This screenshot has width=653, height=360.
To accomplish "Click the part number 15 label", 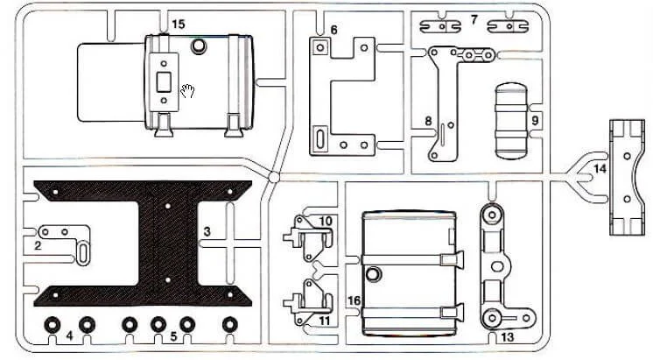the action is pos(178,25).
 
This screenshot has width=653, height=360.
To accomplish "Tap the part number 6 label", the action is pos(334,30).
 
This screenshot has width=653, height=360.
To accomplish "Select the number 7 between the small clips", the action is pos(474,19).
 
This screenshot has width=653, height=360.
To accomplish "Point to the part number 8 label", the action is pos(428,121).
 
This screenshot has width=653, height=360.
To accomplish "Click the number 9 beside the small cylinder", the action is pos(535,120).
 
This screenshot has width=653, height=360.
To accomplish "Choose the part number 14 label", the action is pos(600,169).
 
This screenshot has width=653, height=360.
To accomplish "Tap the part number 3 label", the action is pos(207,231).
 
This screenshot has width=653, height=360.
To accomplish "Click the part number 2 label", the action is pos(38,245).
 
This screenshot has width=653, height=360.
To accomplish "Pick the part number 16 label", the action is pos(354,300).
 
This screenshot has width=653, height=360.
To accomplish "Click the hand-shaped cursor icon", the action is pos(188,91).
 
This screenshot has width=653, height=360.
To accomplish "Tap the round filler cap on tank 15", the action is pos(199,46).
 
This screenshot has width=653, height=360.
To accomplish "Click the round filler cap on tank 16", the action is pos(373,275).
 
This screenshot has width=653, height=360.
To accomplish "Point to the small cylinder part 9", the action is pos(511,121).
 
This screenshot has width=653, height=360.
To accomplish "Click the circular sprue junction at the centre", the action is pos(274,177).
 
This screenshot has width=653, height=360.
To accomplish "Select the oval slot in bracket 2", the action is pos(83,252).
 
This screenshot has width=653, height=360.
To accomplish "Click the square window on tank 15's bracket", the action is pos(164,82).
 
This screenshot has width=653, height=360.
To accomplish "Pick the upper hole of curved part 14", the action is pos(628,156).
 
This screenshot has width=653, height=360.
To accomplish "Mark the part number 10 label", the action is pos(326,221).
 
